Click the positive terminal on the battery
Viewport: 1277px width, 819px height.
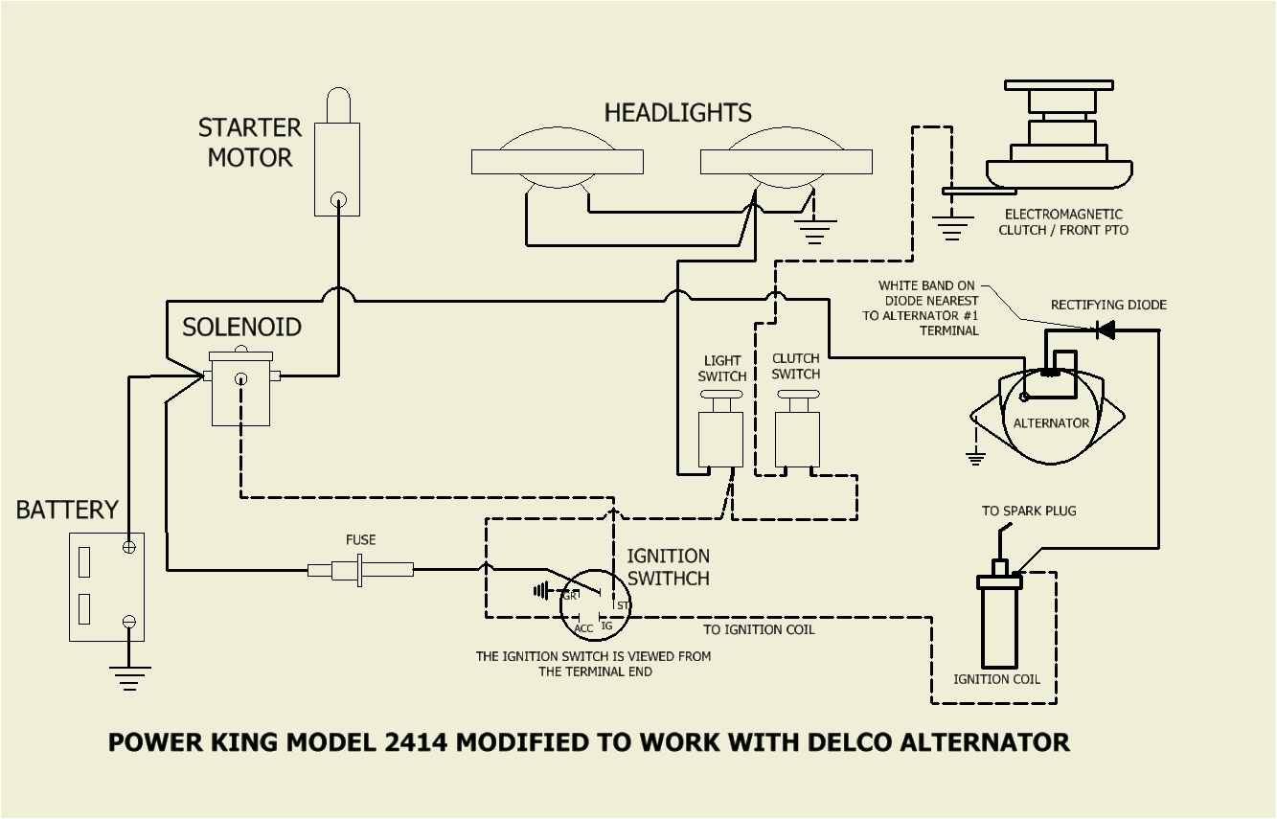tap(128, 547)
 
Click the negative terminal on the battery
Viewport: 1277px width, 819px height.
tap(128, 623)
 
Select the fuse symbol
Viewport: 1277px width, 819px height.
tap(360, 570)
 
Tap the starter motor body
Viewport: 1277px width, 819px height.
tap(337, 168)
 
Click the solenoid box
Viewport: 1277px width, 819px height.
tap(240, 393)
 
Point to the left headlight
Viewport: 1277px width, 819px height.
tap(557, 162)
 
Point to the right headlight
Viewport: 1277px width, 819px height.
tap(786, 162)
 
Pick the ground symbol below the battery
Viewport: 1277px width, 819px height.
tap(128, 678)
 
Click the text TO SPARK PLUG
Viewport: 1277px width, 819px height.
tap(1029, 511)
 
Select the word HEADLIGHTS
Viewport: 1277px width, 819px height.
tap(677, 113)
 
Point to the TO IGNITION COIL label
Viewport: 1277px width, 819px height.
tap(759, 629)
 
